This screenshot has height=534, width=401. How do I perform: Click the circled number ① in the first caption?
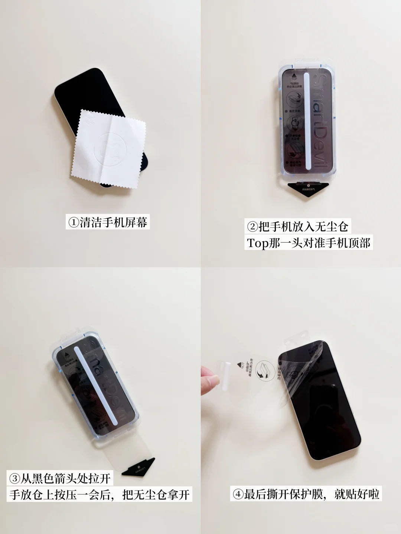[x=73, y=222]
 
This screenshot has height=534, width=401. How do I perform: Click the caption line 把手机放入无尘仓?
[x=298, y=227]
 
